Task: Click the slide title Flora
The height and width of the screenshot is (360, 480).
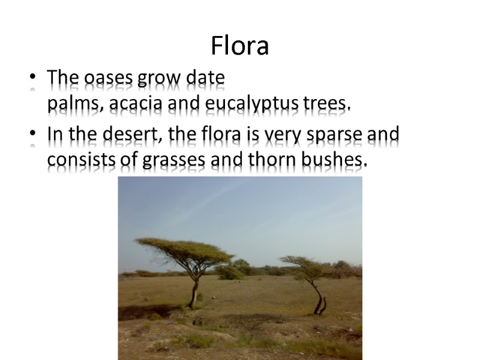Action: pyautogui.click(x=239, y=46)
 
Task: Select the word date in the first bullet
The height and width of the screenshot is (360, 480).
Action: pyautogui.click(x=206, y=79)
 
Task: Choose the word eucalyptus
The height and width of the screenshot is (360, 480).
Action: pyautogui.click(x=252, y=106)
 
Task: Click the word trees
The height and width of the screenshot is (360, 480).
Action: pyautogui.click(x=326, y=106)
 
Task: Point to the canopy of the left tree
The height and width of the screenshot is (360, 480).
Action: pyautogui.click(x=183, y=248)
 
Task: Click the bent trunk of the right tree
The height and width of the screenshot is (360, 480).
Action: pyautogui.click(x=318, y=297)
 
